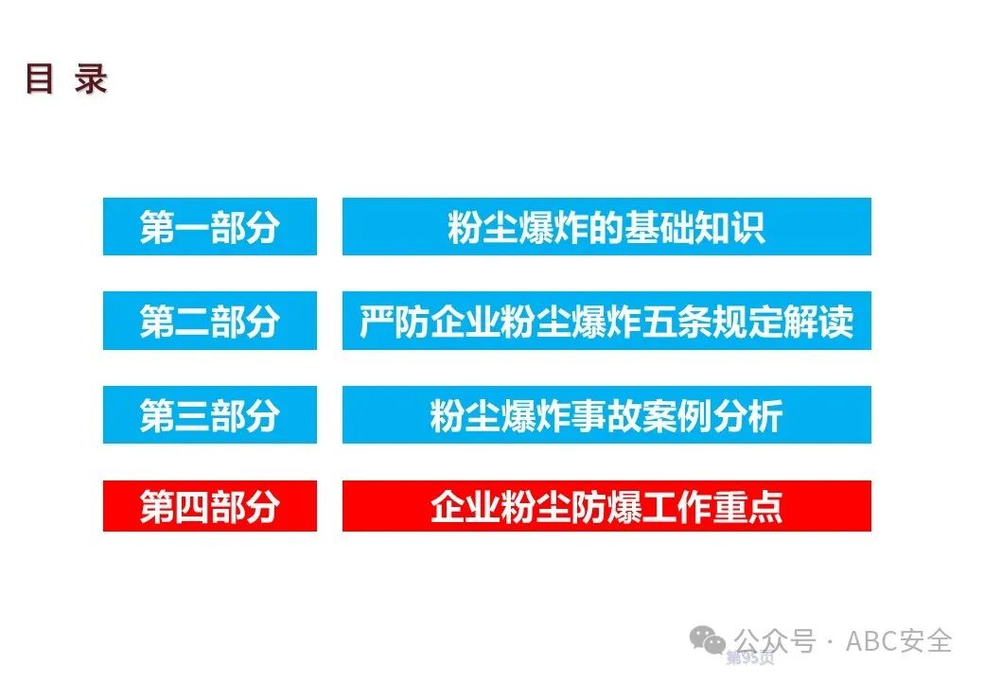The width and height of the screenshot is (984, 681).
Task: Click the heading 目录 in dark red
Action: (x=65, y=79)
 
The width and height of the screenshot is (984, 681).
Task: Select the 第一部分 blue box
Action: (x=209, y=227)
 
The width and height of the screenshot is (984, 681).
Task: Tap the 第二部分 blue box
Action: (x=209, y=322)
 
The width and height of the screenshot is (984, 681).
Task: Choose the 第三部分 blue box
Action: (x=209, y=415)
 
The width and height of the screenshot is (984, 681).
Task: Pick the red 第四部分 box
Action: (x=209, y=506)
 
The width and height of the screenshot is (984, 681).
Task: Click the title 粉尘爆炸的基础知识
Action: (x=606, y=227)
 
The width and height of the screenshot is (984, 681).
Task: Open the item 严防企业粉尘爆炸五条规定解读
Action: (x=606, y=322)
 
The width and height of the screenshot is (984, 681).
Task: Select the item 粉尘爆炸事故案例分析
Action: (x=606, y=415)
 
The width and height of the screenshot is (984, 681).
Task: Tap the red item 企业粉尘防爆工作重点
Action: (x=606, y=506)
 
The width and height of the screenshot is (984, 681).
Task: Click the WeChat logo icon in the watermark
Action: (x=708, y=641)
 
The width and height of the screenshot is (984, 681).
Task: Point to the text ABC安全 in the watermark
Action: (x=898, y=641)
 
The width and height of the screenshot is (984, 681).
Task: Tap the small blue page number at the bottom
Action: (x=749, y=657)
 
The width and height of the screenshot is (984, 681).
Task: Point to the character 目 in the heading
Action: (x=39, y=79)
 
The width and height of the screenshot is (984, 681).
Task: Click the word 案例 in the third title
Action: (x=676, y=415)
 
